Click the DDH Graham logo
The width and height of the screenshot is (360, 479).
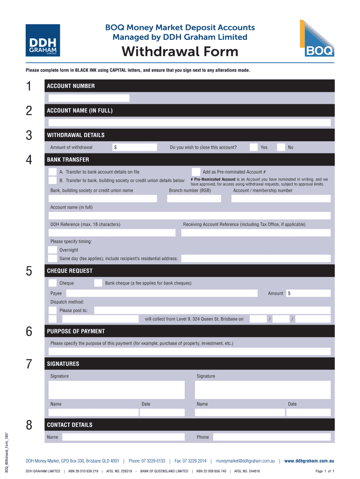[43, 40]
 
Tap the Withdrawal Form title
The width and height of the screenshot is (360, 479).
[180, 51]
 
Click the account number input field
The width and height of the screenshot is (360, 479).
[89, 98]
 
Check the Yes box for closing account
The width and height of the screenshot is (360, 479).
[253, 147]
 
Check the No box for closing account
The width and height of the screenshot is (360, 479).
[281, 147]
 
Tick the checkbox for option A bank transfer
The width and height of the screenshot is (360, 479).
[53, 172]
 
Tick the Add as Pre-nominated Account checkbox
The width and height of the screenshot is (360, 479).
[196, 172]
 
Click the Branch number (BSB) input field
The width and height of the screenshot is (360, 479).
[194, 198]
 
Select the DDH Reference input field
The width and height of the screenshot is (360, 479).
[112, 232]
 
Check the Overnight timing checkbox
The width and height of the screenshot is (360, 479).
[53, 250]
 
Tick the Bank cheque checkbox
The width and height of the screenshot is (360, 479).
[98, 283]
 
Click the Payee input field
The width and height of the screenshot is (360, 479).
[161, 293]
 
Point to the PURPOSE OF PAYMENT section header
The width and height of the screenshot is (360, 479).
[76, 331]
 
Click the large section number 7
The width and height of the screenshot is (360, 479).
[29, 364]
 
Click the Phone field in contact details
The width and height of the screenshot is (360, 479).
[271, 437]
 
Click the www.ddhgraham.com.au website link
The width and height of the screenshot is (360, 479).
[309, 460]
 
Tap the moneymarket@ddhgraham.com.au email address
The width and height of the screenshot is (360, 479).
[245, 460]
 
